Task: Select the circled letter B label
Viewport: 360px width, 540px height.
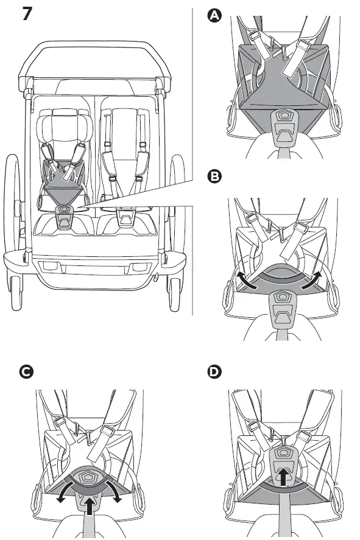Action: (x=214, y=177)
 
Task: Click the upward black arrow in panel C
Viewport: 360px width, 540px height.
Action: (x=90, y=504)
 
